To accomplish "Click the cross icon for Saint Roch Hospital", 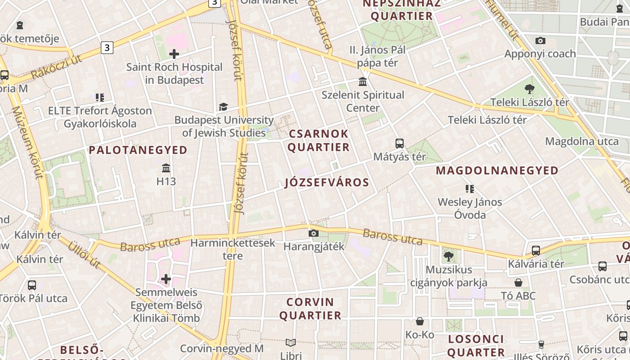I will [174, 54].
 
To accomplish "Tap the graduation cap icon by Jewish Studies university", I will [223, 107].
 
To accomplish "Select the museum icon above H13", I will [166, 168].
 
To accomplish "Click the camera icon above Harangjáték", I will [314, 233].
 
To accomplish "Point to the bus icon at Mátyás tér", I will [399, 144].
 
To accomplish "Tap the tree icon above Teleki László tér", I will [530, 89].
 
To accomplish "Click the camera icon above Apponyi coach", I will [540, 41].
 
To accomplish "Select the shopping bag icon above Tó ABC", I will [518, 283].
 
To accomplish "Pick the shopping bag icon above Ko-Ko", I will [420, 321].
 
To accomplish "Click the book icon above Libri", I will [291, 343].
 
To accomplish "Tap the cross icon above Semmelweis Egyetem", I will [166, 279].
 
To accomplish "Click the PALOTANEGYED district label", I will [138, 150].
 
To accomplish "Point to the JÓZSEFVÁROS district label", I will [327, 183].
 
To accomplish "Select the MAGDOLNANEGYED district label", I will [497, 171].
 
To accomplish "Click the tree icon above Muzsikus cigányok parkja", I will [448, 256].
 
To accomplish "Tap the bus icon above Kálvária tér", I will [535, 251].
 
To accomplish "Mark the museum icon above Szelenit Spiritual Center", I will [363, 82].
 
